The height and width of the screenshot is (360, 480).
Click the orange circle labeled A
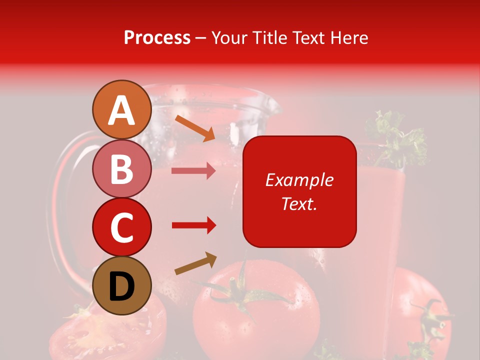(122, 110)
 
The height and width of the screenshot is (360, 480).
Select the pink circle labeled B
(122, 169)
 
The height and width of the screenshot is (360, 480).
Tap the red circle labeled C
(122, 227)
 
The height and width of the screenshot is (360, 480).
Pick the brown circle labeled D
(122, 286)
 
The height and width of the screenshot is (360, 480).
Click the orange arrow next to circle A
(195, 128)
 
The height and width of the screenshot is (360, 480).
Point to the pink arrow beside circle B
(193, 171)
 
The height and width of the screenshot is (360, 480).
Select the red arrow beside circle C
(193, 225)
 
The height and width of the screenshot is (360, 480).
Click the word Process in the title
(157, 37)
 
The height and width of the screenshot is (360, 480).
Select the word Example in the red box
(299, 180)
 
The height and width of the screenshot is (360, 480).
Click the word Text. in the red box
(299, 203)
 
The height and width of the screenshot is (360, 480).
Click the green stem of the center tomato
(240, 290)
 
